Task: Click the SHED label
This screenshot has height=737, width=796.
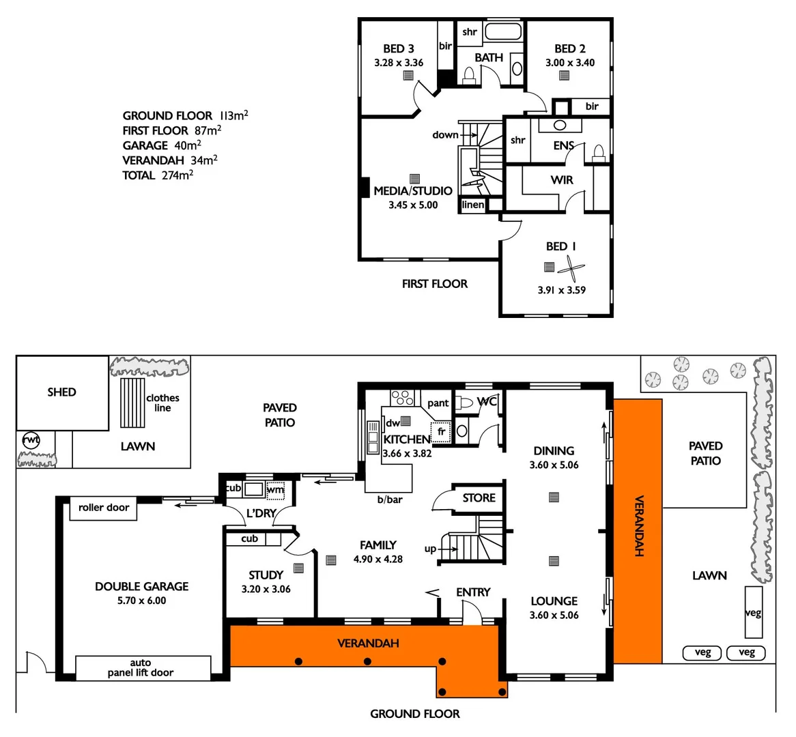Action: point(61,392)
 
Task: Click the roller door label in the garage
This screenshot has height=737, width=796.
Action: point(104,508)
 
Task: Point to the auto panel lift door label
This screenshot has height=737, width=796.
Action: point(142,667)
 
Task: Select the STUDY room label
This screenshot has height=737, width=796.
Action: point(266,575)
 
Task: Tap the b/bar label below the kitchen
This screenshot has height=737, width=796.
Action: point(390,500)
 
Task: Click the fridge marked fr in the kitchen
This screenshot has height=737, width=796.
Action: point(440,432)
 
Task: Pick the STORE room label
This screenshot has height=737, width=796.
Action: point(479,498)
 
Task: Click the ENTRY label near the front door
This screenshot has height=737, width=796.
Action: point(473,592)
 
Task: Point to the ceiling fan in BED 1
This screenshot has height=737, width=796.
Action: point(571,270)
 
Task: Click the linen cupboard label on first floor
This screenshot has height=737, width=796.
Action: point(473,205)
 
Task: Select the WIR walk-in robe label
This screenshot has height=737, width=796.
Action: point(562,180)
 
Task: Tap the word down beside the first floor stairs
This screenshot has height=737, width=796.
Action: point(445,135)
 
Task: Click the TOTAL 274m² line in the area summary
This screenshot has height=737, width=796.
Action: point(158,175)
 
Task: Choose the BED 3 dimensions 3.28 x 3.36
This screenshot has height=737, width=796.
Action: point(399,63)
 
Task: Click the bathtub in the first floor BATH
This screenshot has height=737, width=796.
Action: point(503,32)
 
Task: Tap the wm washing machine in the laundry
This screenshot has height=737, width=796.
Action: point(274,489)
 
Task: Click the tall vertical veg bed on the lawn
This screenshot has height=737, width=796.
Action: point(753,612)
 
